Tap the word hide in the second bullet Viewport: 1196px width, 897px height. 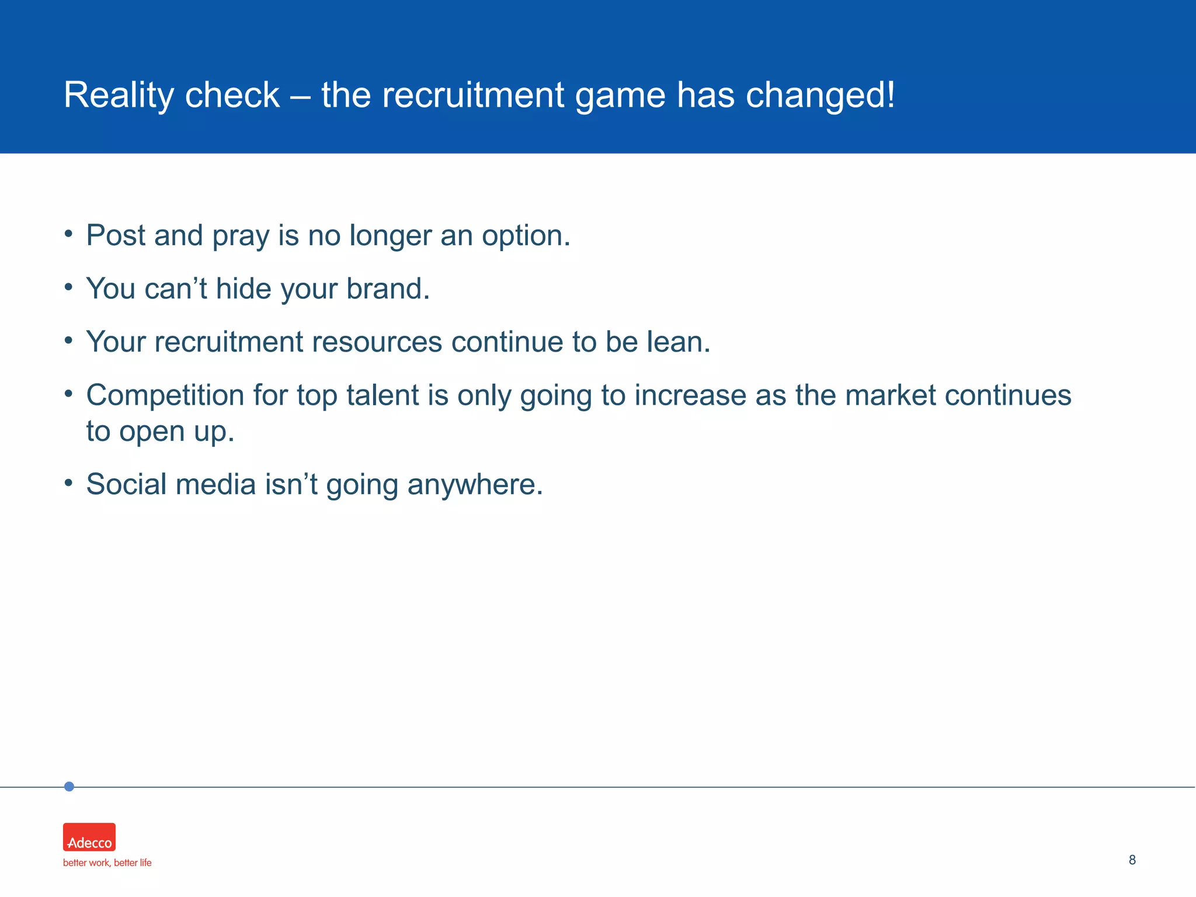pos(243,288)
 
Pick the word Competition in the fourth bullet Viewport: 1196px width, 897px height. pos(165,396)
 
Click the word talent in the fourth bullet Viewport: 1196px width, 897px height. pos(383,395)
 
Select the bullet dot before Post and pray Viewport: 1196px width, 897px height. pos(69,234)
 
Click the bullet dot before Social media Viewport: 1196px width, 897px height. pos(69,483)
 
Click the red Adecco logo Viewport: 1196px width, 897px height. pos(89,837)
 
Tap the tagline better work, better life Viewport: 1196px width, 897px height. pos(107,863)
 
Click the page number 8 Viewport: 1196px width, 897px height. pos(1132,860)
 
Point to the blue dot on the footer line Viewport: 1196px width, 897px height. pos(69,787)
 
